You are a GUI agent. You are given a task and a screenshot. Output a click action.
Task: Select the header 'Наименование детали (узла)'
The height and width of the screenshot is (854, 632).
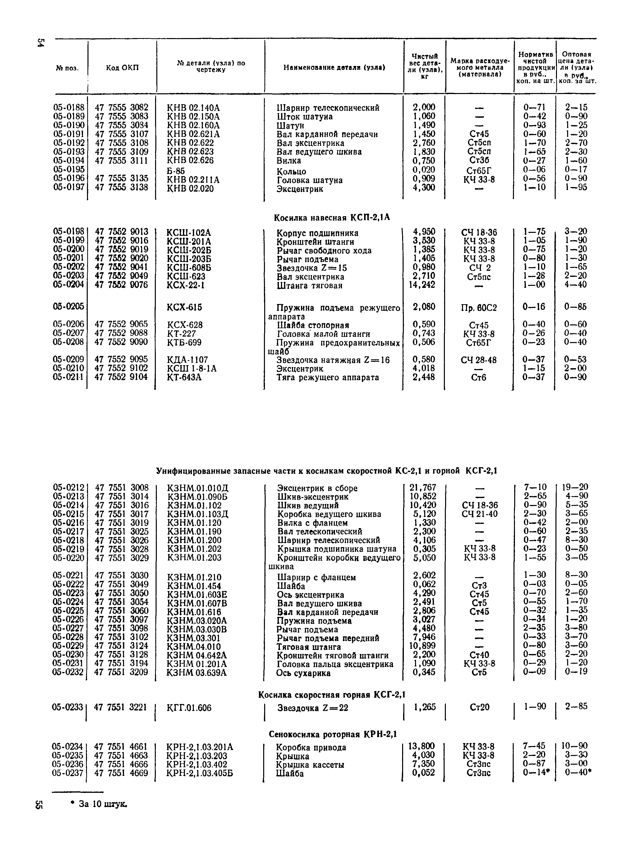pyautogui.click(x=334, y=68)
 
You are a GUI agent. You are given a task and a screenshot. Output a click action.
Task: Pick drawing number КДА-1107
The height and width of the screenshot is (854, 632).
pyautogui.click(x=187, y=360)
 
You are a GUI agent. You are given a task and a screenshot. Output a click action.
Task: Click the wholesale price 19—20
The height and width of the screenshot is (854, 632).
pyautogui.click(x=575, y=487)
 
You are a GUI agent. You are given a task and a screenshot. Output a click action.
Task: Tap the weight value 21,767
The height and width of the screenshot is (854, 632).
pyautogui.click(x=423, y=488)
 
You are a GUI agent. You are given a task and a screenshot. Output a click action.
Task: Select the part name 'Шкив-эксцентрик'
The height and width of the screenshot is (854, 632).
pyautogui.click(x=313, y=497)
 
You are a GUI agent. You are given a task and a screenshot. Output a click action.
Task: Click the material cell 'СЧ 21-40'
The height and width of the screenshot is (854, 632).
pyautogui.click(x=479, y=514)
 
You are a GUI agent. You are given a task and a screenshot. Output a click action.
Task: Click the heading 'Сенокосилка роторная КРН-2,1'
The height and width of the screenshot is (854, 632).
pyautogui.click(x=333, y=734)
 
